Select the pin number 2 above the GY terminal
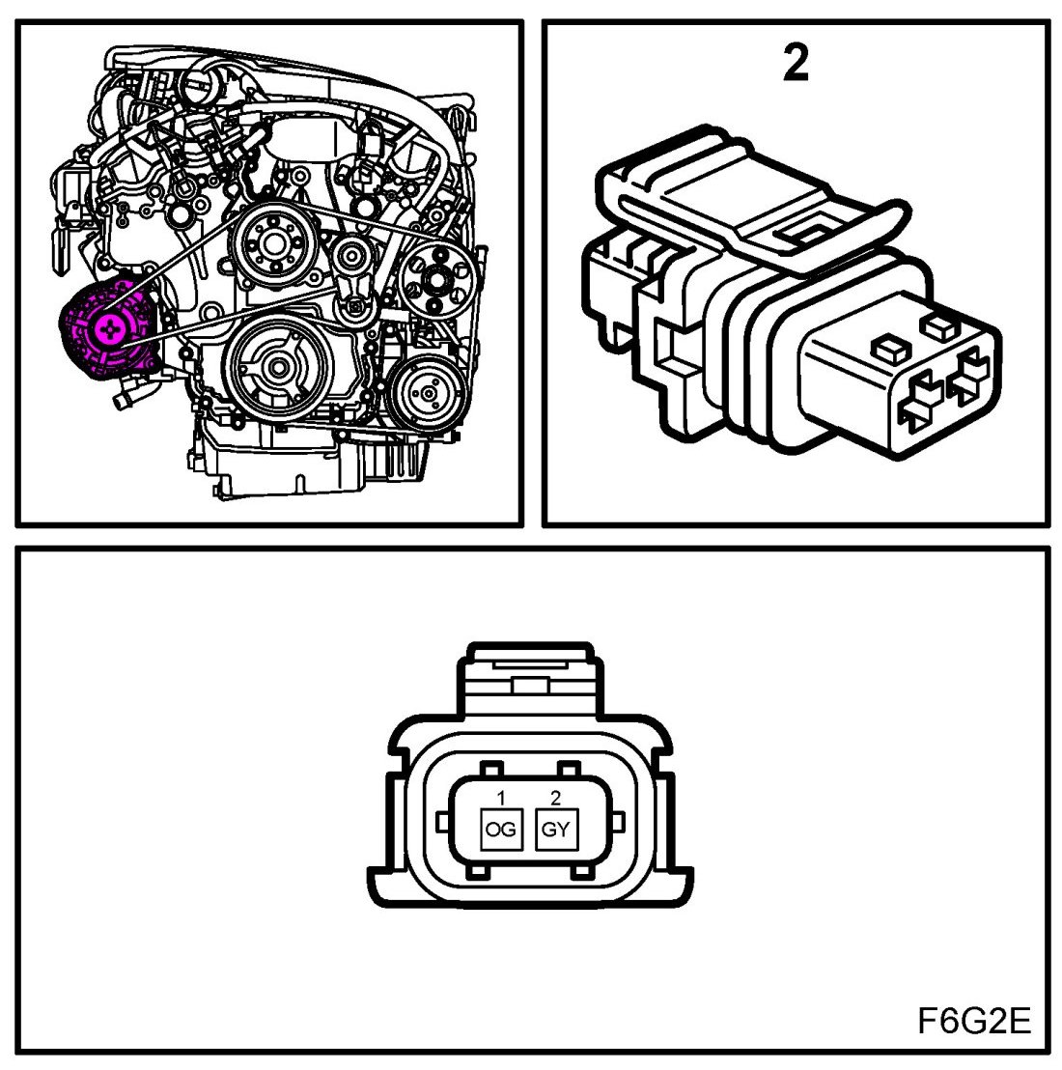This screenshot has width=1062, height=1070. pos(554,798)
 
